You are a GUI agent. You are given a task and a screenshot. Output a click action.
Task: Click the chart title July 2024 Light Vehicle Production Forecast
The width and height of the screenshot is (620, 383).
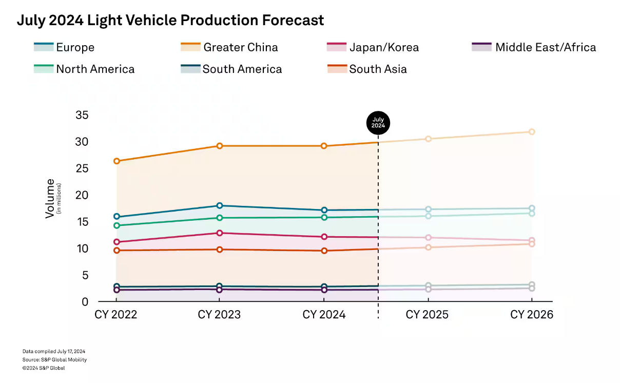[x=170, y=21]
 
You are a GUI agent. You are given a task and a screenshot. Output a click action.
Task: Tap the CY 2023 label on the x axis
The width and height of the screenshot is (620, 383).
[x=219, y=315]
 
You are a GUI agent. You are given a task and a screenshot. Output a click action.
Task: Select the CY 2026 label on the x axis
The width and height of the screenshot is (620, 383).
[x=532, y=315]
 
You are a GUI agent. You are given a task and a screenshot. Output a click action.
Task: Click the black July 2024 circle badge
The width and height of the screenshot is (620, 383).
[x=378, y=123]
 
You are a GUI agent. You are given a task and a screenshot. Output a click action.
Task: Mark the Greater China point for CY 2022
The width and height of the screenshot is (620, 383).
[x=117, y=161]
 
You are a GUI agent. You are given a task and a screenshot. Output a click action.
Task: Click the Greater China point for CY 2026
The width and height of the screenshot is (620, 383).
[x=532, y=132]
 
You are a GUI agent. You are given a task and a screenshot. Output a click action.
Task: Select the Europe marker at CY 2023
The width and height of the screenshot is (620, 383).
[x=219, y=206]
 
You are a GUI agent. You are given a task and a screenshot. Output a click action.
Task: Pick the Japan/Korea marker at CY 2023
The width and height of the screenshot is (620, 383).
[x=219, y=233]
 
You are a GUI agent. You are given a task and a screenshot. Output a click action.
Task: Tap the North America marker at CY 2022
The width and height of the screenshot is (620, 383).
[x=117, y=225]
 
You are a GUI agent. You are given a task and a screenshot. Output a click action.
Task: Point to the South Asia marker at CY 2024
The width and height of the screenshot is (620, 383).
[x=324, y=251]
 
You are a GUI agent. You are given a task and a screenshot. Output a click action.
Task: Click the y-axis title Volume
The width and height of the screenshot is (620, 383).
[x=50, y=198]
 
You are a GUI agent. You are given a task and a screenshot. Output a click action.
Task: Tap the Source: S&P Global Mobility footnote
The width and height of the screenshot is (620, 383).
[x=54, y=360]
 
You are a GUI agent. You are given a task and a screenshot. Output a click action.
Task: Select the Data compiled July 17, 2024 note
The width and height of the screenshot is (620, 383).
[x=54, y=351]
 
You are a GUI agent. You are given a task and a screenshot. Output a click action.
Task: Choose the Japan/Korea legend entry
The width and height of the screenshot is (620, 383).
[x=383, y=48]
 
